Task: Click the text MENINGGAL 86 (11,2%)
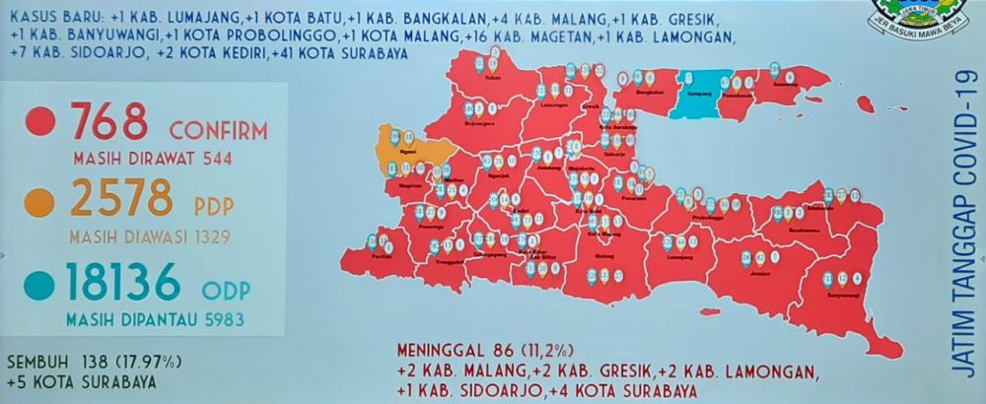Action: (x=482, y=351)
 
